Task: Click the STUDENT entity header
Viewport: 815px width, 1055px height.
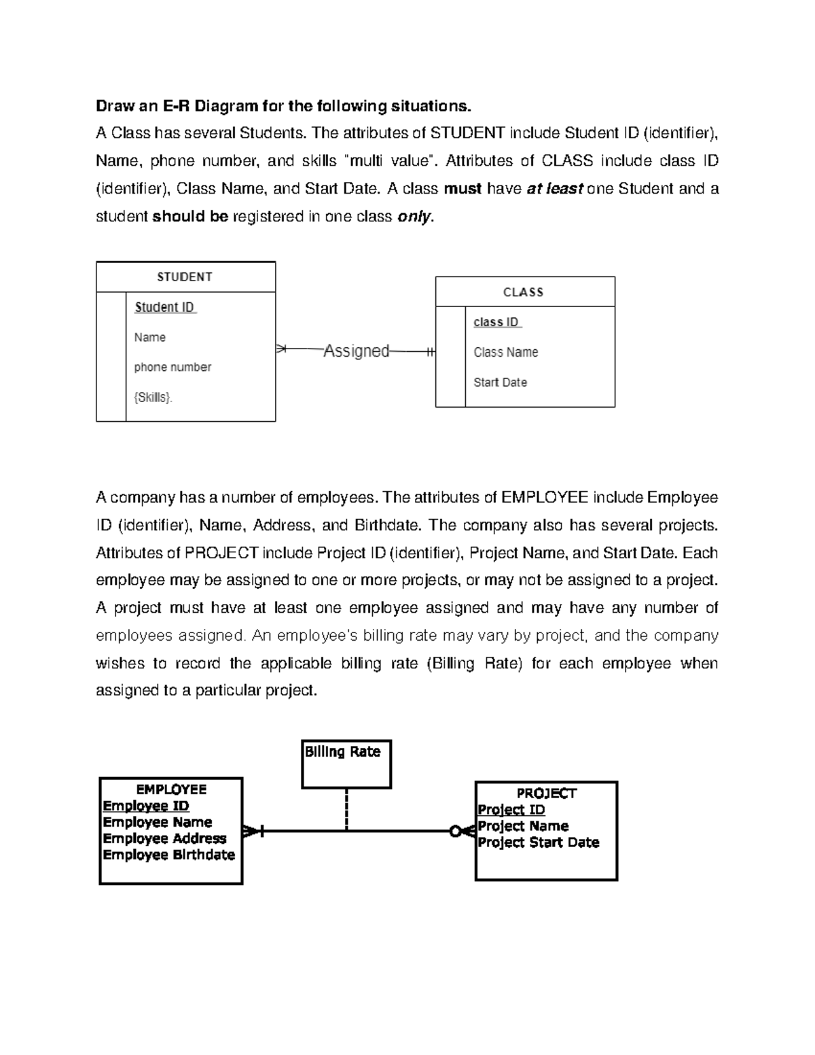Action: click(x=185, y=277)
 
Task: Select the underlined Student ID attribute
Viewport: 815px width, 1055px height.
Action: click(x=165, y=307)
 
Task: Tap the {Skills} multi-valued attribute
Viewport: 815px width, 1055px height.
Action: click(x=153, y=397)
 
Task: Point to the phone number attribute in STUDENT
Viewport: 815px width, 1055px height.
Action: click(x=173, y=367)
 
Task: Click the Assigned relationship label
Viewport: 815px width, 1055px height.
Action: click(x=356, y=351)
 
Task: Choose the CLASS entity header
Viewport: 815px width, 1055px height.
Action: click(x=524, y=292)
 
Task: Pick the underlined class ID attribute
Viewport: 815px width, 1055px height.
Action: click(x=496, y=322)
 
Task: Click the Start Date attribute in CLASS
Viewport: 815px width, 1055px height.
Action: click(x=500, y=382)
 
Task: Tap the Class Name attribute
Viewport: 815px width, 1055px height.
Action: click(x=505, y=352)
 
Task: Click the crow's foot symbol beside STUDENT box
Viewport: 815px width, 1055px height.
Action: click(x=282, y=349)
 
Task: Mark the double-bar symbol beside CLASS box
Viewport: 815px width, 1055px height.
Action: click(x=429, y=352)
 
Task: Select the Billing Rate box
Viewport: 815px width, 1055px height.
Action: click(x=346, y=764)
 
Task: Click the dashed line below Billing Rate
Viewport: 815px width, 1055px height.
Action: click(x=346, y=808)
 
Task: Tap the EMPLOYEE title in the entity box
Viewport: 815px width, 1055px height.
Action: click(x=171, y=789)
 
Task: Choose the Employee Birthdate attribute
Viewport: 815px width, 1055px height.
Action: click(x=168, y=855)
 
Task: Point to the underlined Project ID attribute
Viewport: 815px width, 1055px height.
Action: click(x=511, y=810)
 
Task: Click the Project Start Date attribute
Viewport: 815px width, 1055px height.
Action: click(x=538, y=842)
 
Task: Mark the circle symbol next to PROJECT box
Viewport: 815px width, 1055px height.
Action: click(x=456, y=831)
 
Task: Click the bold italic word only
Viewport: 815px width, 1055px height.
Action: click(x=413, y=217)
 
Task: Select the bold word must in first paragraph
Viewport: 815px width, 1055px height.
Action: click(x=463, y=189)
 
